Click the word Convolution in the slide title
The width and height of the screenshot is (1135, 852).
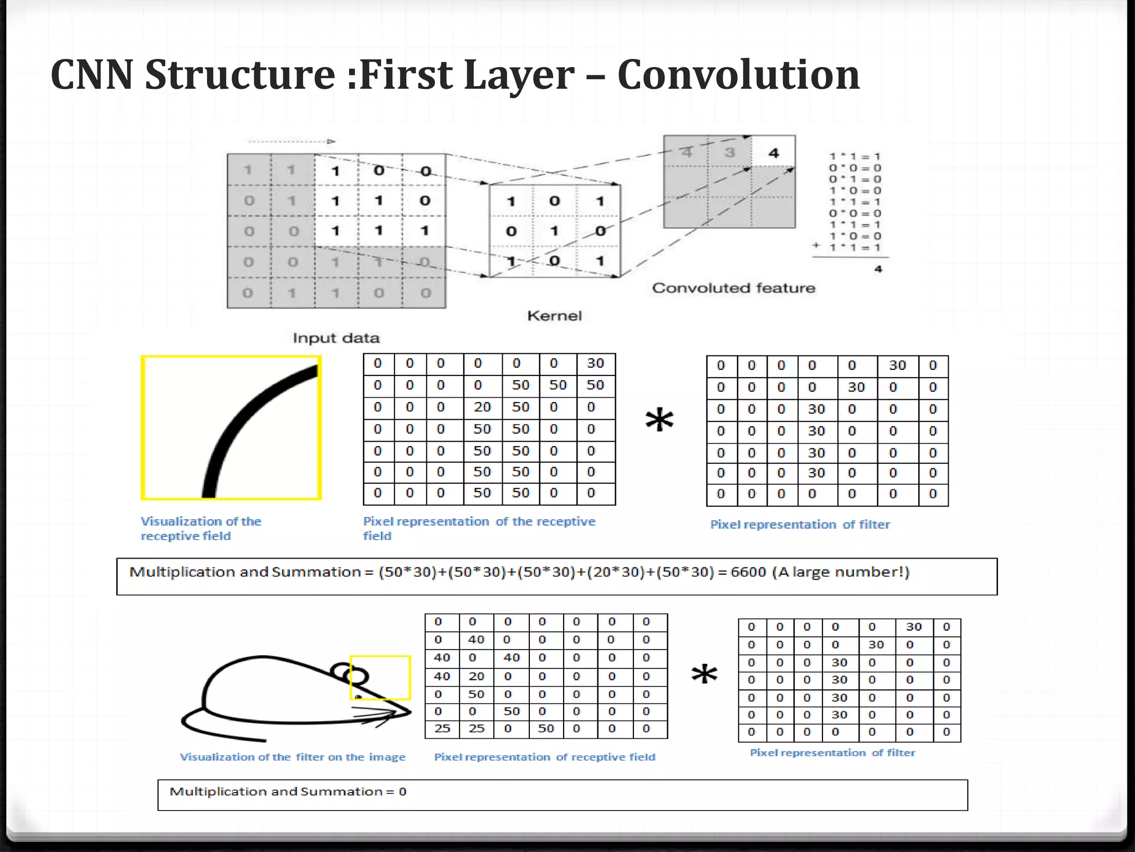pos(738,75)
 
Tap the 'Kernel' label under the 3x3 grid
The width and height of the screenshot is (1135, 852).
pos(554,316)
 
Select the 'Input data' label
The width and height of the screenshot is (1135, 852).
pos(336,338)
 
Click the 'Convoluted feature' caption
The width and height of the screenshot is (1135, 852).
pos(733,288)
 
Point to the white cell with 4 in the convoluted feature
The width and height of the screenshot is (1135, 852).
pos(774,153)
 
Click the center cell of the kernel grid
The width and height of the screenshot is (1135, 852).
pos(554,231)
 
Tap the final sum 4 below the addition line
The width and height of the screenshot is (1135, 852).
pos(878,270)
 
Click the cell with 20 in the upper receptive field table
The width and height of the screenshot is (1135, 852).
pos(482,407)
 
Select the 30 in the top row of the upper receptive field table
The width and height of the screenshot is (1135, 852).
pos(595,363)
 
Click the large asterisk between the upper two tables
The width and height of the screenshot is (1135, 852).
pos(659,420)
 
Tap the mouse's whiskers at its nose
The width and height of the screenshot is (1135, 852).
pos(382,717)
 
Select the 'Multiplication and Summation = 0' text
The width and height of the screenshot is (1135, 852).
pos(288,792)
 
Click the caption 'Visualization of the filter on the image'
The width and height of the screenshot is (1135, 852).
pos(293,757)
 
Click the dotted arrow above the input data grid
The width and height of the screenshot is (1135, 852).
pos(291,141)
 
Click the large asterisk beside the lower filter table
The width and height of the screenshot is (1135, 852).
pos(704,675)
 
